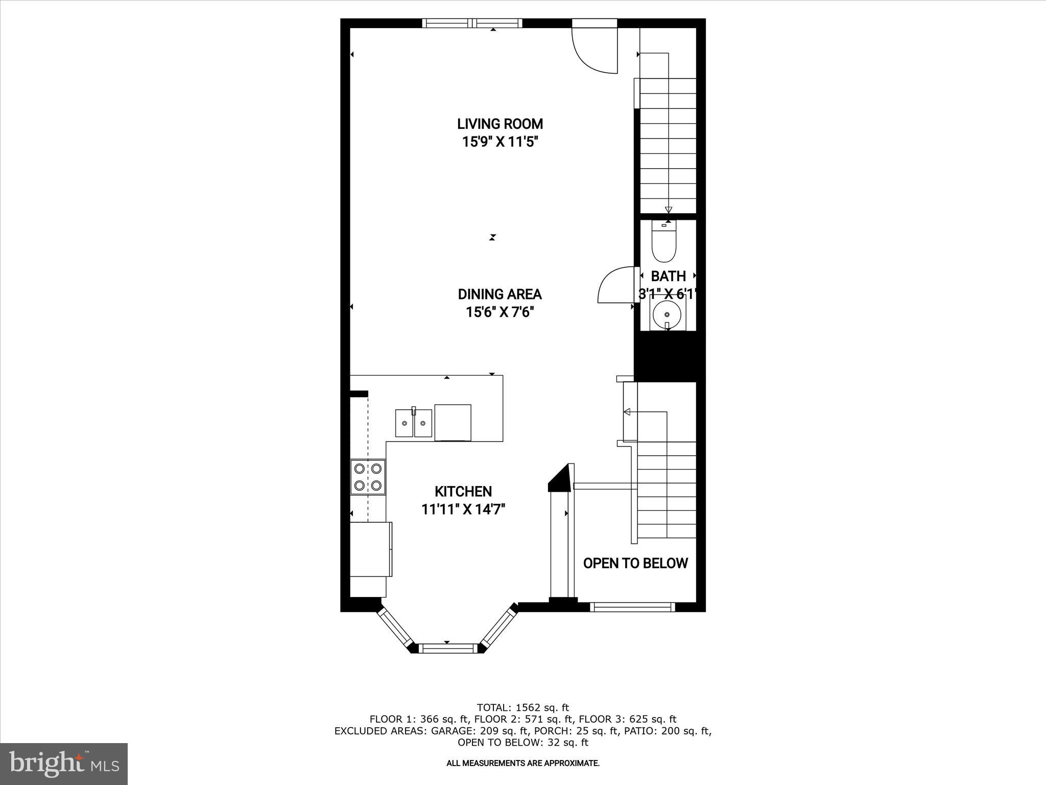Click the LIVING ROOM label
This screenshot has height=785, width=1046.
500,124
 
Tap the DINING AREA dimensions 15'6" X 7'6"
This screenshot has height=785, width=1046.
500,312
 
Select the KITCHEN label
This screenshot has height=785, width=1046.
463,492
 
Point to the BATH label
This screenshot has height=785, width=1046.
668,276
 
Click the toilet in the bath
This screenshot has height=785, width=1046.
664,242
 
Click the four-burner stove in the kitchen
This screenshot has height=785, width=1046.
368,477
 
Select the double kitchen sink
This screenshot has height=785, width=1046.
413,423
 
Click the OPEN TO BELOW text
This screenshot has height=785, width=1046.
635,563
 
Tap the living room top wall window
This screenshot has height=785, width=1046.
472,23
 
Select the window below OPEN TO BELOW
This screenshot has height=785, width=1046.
632,607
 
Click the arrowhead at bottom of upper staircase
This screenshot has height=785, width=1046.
668,210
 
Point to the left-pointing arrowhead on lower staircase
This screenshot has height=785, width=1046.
627,412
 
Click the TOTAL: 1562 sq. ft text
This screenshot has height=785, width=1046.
522,708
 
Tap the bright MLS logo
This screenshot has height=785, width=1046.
64,764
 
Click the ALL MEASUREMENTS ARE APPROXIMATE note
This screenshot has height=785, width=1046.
522,764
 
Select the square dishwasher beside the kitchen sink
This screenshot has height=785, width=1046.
453,422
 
